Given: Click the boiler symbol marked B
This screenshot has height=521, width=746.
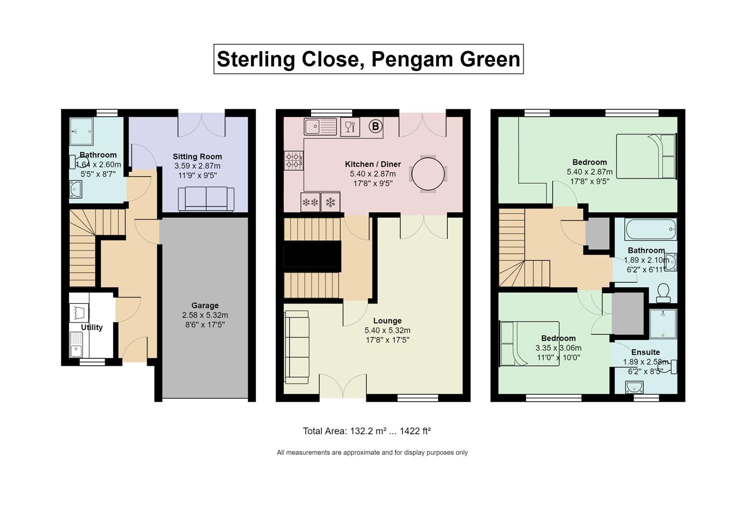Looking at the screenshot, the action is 375,126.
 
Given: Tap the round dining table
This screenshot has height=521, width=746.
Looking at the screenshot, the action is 428,174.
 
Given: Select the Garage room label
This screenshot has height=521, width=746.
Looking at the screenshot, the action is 205,305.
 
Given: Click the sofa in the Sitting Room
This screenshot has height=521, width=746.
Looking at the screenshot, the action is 206,199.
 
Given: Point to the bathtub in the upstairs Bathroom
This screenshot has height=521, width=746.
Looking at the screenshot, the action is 651,229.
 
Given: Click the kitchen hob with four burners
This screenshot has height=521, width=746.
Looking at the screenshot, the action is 293,161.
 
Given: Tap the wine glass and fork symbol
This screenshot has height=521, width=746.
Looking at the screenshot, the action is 350,127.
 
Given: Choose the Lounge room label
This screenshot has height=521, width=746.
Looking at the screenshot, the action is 387,320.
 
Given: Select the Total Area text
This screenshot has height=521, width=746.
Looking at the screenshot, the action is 366,431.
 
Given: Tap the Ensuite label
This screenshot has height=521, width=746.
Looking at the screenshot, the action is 645,352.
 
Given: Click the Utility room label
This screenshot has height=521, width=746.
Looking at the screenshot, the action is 92,327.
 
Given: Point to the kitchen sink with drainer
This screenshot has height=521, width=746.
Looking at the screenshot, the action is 320,126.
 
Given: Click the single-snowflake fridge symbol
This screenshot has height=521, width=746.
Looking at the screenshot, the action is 330,202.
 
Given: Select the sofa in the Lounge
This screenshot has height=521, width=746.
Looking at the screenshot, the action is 297,347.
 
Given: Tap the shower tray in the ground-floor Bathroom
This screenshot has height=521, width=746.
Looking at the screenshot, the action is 81,131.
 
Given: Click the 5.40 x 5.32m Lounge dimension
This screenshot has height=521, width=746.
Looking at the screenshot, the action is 387,330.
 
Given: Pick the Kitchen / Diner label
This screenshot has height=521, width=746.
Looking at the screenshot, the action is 373,164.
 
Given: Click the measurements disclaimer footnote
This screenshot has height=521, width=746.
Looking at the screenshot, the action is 372,452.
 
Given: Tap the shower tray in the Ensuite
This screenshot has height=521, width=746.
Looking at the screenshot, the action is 663,324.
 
